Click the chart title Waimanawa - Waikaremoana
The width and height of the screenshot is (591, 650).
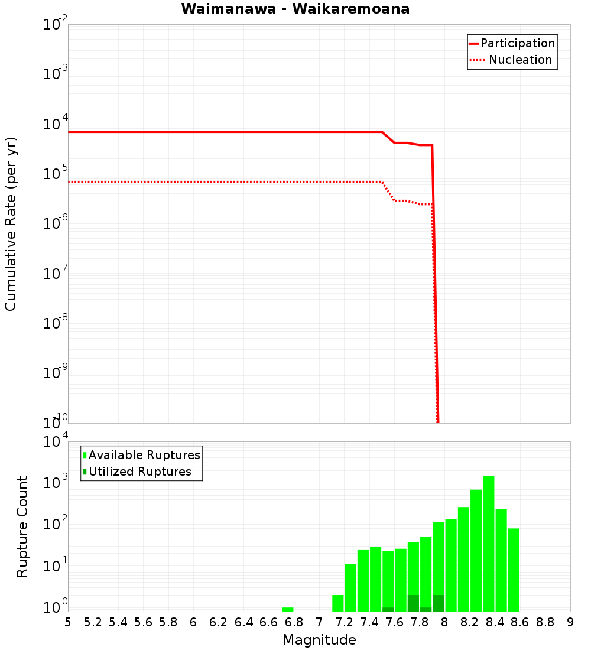pyautogui.click(x=295, y=9)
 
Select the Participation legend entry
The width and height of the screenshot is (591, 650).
pyautogui.click(x=517, y=43)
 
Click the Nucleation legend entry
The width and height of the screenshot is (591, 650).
pyautogui.click(x=519, y=60)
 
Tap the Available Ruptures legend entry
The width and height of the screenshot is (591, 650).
pyautogui.click(x=144, y=455)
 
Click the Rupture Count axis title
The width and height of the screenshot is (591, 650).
pyautogui.click(x=22, y=526)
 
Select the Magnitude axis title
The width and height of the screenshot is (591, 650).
pyautogui.click(x=319, y=640)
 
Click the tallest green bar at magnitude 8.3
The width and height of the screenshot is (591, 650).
pyautogui.click(x=488, y=544)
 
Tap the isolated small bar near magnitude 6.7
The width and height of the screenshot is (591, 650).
pyautogui.click(x=288, y=609)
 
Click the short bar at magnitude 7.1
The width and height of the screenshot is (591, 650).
pyautogui.click(x=338, y=603)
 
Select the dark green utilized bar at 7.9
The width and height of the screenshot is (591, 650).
pyautogui.click(x=438, y=603)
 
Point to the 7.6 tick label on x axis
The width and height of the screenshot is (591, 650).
pyautogui.click(x=395, y=622)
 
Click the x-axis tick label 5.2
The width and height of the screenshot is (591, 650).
pyautogui.click(x=93, y=622)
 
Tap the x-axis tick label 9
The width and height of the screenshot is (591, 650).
pyautogui.click(x=570, y=622)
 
